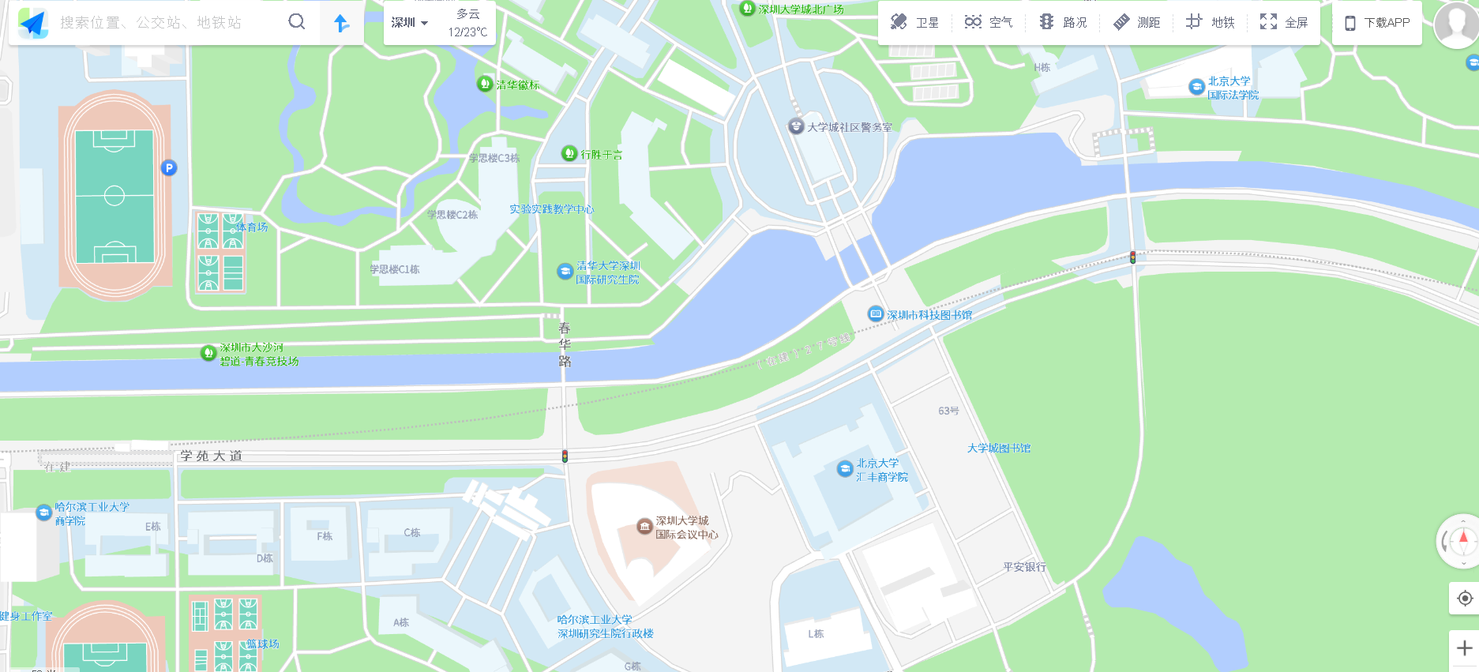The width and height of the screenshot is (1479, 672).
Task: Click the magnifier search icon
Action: tap(297, 22)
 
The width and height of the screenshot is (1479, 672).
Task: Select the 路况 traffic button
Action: tap(1063, 22)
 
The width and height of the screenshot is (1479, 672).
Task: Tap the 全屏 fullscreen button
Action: tap(1284, 22)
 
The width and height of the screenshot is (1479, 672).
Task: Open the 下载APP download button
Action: tap(1377, 23)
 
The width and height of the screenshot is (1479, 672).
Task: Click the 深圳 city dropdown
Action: tap(410, 22)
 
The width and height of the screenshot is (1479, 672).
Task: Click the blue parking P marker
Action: tap(168, 167)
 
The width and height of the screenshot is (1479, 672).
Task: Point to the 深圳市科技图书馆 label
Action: tap(929, 315)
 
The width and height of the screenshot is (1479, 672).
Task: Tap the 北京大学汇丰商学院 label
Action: tap(881, 470)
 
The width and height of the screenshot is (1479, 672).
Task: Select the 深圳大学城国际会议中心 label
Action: tap(686, 527)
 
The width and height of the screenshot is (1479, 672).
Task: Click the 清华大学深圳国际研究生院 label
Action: tap(606, 272)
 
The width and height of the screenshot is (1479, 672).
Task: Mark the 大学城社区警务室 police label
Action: tap(849, 127)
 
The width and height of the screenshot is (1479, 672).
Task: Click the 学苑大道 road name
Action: tap(211, 456)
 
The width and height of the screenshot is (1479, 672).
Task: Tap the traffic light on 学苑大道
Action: tap(565, 456)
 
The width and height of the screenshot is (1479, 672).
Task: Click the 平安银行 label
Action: tap(1024, 567)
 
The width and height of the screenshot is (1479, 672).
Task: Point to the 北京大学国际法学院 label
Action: tap(1232, 88)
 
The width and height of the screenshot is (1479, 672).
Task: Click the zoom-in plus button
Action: tap(1464, 648)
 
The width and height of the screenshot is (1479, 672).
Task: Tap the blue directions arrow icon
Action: tap(342, 23)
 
